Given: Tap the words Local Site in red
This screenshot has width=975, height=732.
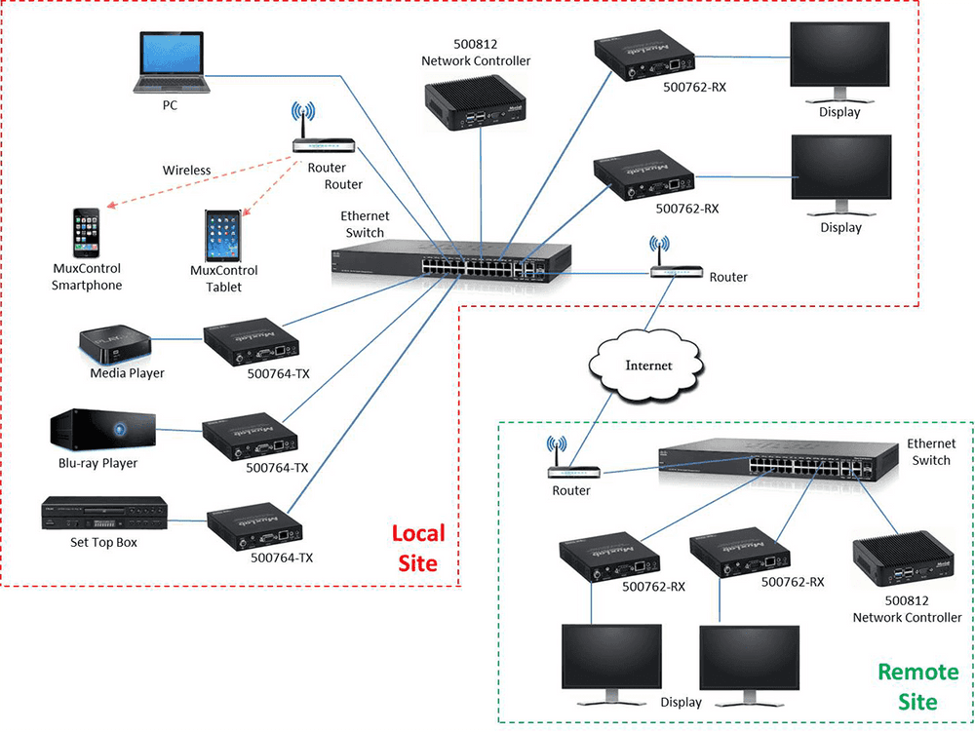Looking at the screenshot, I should click(x=417, y=548).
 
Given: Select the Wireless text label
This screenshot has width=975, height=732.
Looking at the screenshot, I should click(x=186, y=171).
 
